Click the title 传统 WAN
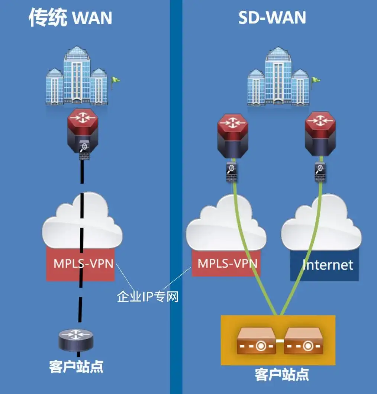point(71,18)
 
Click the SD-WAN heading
point(272,18)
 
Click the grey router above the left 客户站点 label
point(76,339)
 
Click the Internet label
point(328,265)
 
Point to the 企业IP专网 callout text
point(148,297)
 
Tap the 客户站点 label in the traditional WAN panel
point(76,366)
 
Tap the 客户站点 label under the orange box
point(282,374)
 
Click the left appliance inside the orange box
point(256,341)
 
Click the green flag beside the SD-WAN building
point(316,79)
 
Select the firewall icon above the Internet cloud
point(320,170)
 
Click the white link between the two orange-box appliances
point(280,341)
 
